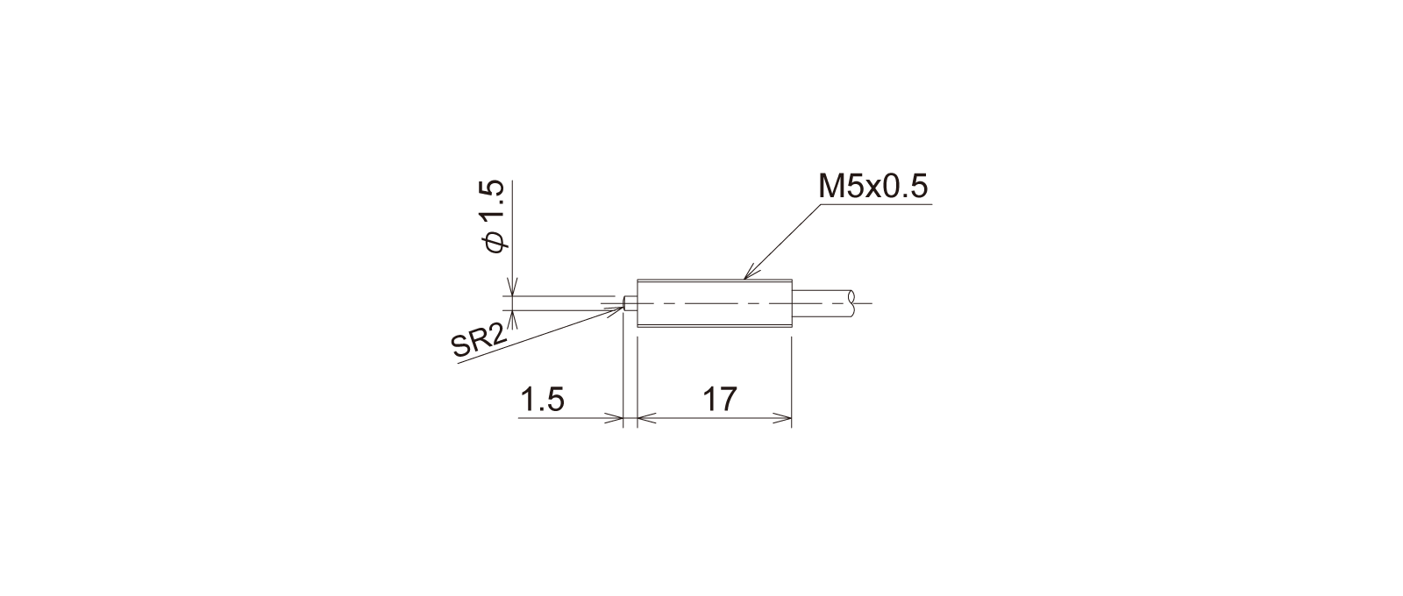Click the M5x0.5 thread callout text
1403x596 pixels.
click(873, 186)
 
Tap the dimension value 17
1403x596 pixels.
click(720, 399)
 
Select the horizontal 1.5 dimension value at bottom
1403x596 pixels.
click(543, 399)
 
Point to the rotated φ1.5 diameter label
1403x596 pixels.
click(493, 216)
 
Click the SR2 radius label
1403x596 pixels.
click(479, 343)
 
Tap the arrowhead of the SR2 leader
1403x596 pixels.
click(617, 309)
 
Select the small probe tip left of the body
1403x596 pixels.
click(630, 303)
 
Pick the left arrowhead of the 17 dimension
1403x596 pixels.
click(645, 418)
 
